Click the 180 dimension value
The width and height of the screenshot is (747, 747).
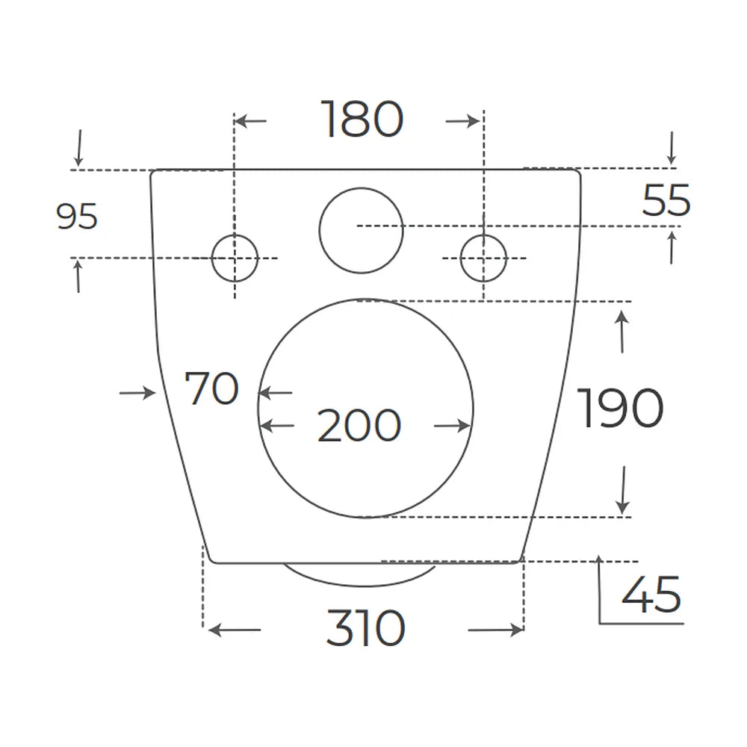(x=362, y=119)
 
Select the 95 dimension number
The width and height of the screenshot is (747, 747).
(x=77, y=217)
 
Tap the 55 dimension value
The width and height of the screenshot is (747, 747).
(x=666, y=200)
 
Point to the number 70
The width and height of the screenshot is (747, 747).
(x=211, y=388)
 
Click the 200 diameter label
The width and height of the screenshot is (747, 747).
(x=359, y=425)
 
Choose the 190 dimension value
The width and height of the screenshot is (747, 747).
(x=620, y=408)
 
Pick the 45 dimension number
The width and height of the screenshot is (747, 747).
(x=651, y=594)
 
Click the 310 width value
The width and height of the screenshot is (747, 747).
(x=366, y=628)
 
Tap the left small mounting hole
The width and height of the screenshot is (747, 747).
(x=235, y=258)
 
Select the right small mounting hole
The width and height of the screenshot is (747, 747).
(x=483, y=258)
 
